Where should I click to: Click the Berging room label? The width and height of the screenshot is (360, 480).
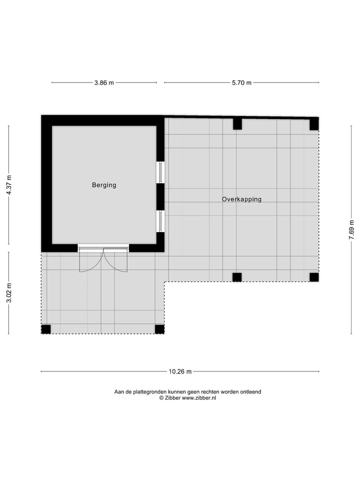point(104,185)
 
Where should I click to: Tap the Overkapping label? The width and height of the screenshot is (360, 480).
point(241,199)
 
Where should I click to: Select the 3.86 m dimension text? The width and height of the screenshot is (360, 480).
point(104,82)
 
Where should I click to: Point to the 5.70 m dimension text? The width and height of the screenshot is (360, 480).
point(241,82)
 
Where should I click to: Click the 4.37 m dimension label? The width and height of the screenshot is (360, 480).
point(9,185)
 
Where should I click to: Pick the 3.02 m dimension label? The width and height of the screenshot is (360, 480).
point(9,293)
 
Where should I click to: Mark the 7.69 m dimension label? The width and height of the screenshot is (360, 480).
point(351,230)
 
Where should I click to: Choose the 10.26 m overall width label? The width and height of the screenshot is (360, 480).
point(180,371)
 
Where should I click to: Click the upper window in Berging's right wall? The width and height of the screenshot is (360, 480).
point(160,172)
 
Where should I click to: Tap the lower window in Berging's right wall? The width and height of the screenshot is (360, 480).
point(160,221)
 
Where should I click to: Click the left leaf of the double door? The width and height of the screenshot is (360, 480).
point(90,259)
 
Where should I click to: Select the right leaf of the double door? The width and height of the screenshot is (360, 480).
point(116,259)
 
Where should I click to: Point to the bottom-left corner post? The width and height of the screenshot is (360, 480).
point(46,329)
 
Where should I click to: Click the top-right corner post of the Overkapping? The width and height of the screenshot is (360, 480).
point(314,124)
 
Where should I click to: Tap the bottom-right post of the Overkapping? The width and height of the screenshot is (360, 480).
point(314,277)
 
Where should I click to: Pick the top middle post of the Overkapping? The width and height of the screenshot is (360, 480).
point(237,123)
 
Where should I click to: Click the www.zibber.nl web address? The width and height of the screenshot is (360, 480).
point(199,398)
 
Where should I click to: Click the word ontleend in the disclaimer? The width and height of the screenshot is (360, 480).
point(250,392)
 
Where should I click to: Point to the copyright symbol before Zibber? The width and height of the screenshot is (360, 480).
point(161,398)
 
